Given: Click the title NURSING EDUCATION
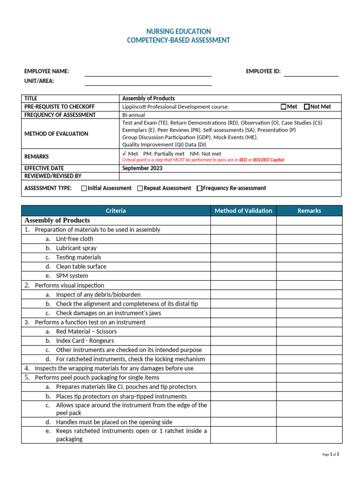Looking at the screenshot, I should (x=179, y=31).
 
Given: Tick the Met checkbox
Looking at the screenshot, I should (x=284, y=107).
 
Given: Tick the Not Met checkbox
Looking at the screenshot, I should (x=307, y=107).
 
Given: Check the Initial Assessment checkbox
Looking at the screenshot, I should (x=84, y=188).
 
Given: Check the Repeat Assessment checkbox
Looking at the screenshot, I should (x=140, y=188).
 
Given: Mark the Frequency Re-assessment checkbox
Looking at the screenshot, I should (x=199, y=188).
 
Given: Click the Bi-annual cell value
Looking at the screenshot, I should (x=134, y=115).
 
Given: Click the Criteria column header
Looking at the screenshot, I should (x=116, y=211).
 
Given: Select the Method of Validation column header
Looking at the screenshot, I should (x=243, y=211).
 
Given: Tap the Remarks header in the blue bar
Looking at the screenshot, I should (x=309, y=211).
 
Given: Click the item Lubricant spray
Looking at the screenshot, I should (x=76, y=248).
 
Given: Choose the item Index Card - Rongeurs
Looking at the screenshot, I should (x=85, y=341).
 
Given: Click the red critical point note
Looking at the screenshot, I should (x=203, y=160).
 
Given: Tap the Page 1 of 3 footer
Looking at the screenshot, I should (x=331, y=454).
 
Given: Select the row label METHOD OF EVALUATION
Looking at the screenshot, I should (x=56, y=134).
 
